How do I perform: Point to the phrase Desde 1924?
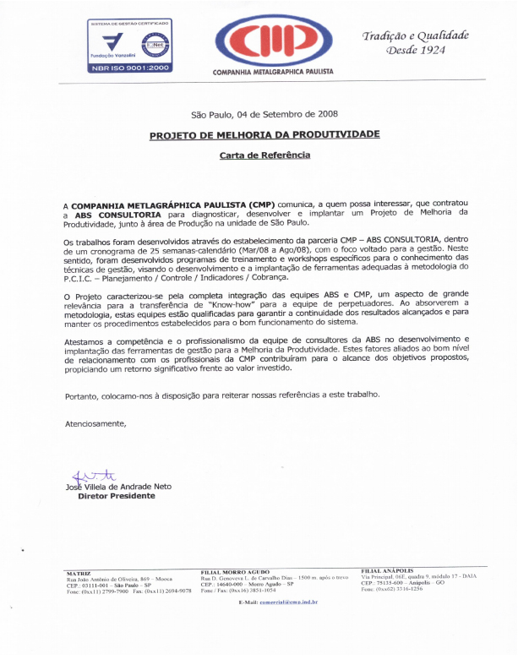click(x=415, y=50)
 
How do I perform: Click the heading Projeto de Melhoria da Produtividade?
click(x=264, y=135)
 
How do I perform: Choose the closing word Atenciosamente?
click(x=95, y=422)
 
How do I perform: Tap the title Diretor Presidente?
click(x=116, y=497)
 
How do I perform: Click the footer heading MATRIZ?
click(x=78, y=574)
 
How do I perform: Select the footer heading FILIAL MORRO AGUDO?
click(x=235, y=572)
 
